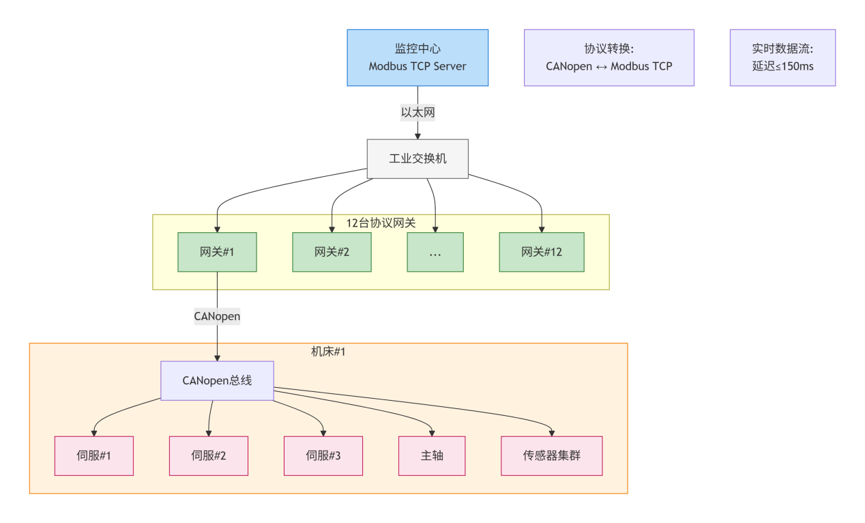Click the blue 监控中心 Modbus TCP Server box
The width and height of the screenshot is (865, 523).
coord(417,57)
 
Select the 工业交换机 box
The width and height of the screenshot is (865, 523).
coord(417,158)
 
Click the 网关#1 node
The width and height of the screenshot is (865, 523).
coord(217,252)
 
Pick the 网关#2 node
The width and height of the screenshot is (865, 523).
coord(332,252)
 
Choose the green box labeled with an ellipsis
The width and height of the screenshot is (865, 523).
coord(435,252)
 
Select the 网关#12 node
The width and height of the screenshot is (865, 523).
coord(542,252)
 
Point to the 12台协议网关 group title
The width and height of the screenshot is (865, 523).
coord(381,223)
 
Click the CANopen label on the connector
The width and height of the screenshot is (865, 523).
coord(217,317)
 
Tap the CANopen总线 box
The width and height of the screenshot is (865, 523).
coord(217,380)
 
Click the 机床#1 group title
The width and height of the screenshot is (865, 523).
coord(328,351)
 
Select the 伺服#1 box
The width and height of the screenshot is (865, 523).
coord(94,455)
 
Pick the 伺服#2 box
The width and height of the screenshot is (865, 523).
coord(209,455)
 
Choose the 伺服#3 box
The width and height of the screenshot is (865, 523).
coord(323,455)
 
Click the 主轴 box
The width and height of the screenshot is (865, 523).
coord(432,455)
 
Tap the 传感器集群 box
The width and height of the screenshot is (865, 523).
coord(552,455)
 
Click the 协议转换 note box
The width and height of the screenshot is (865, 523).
coord(609,57)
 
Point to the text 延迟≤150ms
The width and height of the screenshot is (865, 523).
coord(782,67)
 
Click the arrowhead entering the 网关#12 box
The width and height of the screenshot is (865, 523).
coord(542,229)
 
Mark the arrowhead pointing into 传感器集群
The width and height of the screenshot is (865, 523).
coord(552,433)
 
